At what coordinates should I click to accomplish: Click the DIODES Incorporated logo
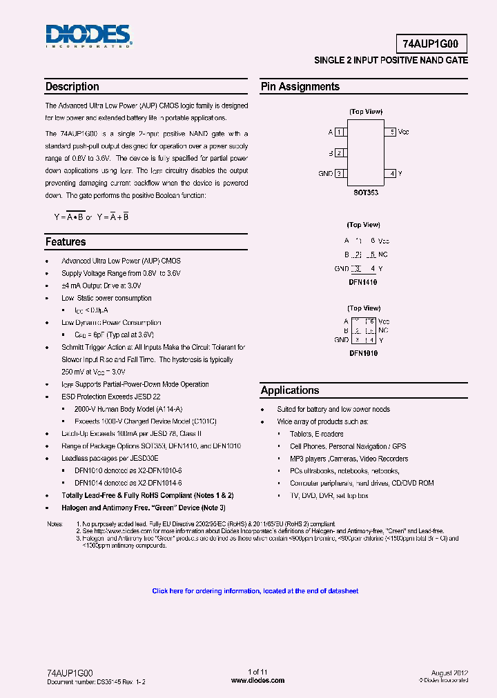pos(88,35)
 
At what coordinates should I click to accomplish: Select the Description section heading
pos(72,87)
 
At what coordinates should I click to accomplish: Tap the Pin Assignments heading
pos(300,87)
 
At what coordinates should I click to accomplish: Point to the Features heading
pos(66,242)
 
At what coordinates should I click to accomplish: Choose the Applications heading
pos(290,390)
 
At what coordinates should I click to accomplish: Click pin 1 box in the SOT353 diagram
pos(340,132)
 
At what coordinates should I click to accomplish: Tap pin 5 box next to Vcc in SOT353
pos(391,132)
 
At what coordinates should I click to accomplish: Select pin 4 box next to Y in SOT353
pos(391,174)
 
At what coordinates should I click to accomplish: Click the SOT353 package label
pos(365,193)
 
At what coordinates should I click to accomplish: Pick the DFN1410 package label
pos(363,282)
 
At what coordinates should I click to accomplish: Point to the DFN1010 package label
pos(363,353)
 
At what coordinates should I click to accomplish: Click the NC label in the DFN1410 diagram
pos(384,255)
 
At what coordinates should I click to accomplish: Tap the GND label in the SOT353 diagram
pos(325,174)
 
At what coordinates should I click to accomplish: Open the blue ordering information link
pos(255,591)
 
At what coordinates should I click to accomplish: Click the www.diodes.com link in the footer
pos(257,681)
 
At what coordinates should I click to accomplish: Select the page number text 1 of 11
pos(257,672)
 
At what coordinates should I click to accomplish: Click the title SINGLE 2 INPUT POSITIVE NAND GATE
pos(391,61)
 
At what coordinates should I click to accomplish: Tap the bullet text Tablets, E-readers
pos(316,434)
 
